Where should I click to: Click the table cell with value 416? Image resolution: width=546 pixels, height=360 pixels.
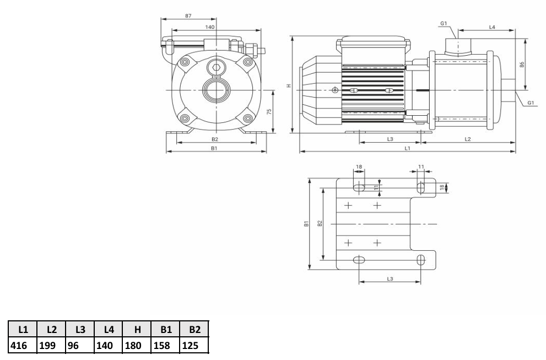click(22, 345)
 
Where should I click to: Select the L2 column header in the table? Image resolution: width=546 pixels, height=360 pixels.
click(51, 329)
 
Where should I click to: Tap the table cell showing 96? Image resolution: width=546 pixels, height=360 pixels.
click(80, 345)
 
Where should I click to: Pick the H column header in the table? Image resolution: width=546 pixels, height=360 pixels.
click(137, 329)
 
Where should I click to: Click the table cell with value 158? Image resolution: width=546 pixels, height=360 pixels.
click(166, 345)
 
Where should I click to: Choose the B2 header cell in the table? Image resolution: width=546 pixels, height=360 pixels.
click(194, 329)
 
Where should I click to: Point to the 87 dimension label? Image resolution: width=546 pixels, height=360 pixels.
click(188, 15)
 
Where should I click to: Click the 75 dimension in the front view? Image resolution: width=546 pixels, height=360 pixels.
click(269, 111)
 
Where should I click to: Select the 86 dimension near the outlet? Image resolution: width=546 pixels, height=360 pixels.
click(522, 65)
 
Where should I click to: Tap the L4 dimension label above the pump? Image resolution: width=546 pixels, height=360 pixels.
click(492, 27)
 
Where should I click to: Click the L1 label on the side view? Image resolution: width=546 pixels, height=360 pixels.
click(407, 148)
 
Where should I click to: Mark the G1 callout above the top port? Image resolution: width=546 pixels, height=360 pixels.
click(444, 23)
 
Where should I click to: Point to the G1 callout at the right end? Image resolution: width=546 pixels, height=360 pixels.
click(531, 103)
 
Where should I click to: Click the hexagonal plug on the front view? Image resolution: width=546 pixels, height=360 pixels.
click(216, 68)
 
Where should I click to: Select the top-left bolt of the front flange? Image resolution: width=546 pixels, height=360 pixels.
click(185, 62)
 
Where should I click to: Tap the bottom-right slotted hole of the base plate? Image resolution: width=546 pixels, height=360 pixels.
click(421, 260)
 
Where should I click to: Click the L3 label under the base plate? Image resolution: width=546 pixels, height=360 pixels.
click(390, 279)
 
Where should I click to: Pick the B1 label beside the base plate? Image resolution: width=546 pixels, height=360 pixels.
click(306, 223)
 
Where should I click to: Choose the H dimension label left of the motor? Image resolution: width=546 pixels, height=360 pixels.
click(289, 85)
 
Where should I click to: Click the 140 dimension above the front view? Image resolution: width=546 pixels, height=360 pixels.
click(209, 27)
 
